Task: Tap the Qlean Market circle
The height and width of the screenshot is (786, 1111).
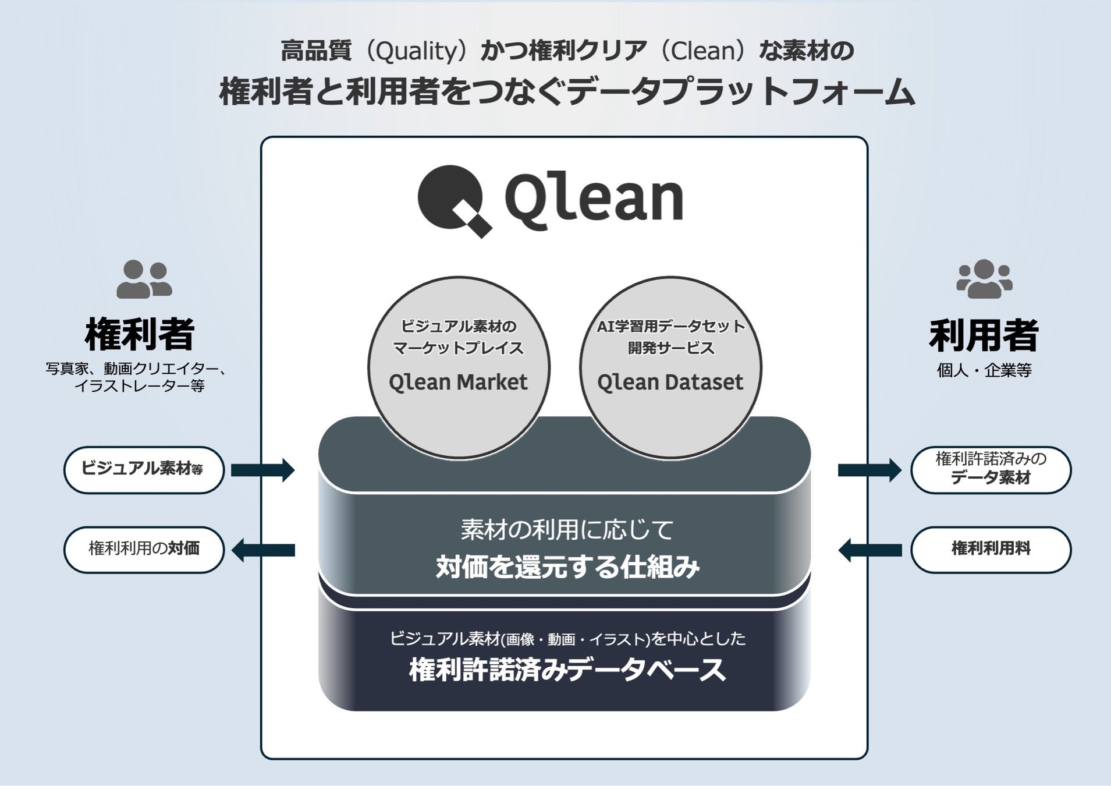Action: click(459, 367)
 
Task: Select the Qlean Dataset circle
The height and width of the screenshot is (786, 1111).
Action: click(670, 367)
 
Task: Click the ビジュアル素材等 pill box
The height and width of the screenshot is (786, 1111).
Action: click(144, 470)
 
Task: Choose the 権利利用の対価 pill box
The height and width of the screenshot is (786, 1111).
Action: click(144, 550)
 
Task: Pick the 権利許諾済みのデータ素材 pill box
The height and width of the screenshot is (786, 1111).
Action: click(991, 470)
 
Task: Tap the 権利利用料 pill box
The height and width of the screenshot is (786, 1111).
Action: click(991, 550)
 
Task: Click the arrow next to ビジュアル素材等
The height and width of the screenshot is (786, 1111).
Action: click(262, 470)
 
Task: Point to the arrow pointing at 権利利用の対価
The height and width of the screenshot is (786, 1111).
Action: click(263, 550)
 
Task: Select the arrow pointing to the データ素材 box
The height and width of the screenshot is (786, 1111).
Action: click(869, 470)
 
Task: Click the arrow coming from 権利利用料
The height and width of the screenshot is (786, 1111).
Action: click(869, 550)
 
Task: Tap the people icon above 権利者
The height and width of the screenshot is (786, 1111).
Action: click(144, 279)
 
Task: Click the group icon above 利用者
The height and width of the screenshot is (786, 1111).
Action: click(984, 279)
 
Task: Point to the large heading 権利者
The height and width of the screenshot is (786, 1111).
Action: click(140, 335)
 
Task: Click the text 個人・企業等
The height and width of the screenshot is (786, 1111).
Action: click(984, 370)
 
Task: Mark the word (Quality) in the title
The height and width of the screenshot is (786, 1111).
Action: click(416, 51)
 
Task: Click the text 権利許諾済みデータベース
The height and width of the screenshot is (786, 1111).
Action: click(567, 670)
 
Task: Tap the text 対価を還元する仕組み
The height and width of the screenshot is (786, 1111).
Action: click(567, 567)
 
